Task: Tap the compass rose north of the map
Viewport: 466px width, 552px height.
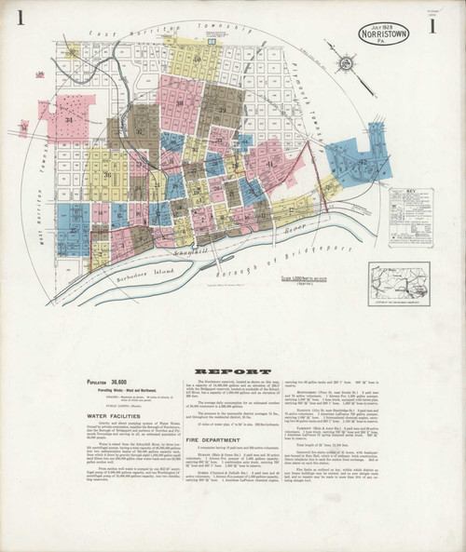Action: click(347, 63)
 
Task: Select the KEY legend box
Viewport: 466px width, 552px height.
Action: click(410, 217)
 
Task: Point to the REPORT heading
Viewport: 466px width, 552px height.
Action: click(220, 370)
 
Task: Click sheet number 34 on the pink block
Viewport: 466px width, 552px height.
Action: click(68, 121)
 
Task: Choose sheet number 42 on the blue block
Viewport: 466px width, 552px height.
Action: click(362, 162)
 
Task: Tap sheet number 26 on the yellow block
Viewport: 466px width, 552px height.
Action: click(108, 174)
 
